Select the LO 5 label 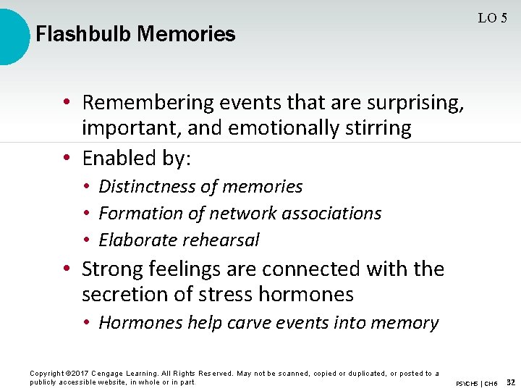(x=492, y=18)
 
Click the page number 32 (x=511, y=382)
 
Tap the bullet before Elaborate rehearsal (x=86, y=240)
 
